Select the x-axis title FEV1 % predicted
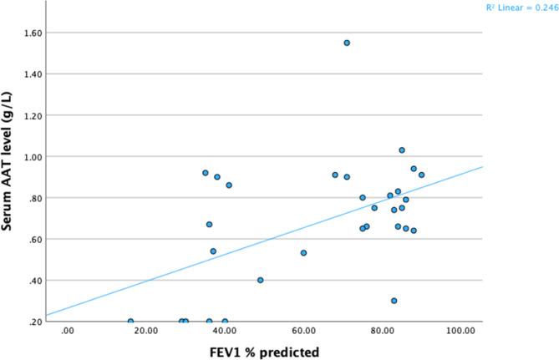tap(264, 352)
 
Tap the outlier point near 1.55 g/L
tap(347, 43)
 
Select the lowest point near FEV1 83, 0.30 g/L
tap(394, 301)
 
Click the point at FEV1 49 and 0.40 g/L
tap(261, 280)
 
